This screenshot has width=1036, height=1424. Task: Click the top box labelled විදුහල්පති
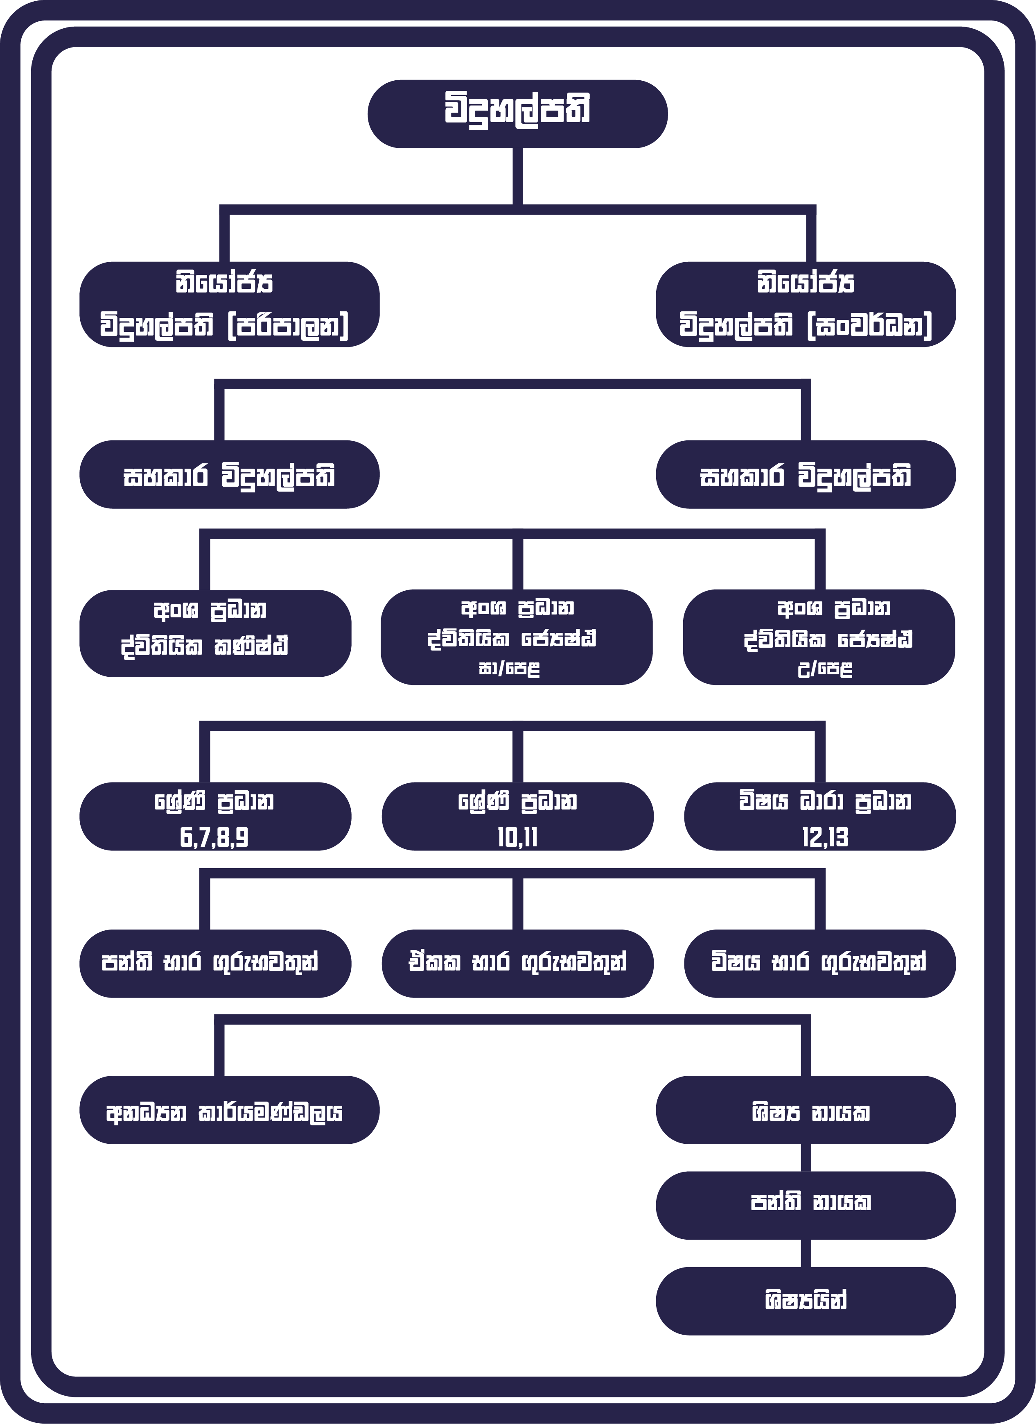click(517, 113)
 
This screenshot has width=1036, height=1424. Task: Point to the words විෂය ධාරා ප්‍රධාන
click(824, 802)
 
